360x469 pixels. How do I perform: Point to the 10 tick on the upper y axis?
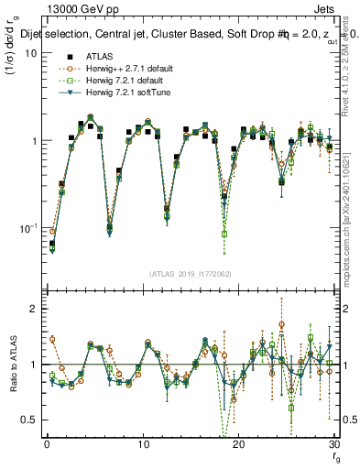point(31,53)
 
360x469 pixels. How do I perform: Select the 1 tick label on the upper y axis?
point(34,140)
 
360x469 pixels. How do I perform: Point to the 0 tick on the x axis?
point(47,445)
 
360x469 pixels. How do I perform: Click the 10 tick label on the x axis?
point(142,445)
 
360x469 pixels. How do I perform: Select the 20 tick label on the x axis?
point(238,445)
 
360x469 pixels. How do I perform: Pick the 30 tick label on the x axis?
point(333,445)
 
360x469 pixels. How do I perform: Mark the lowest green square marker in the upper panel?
point(224,234)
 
